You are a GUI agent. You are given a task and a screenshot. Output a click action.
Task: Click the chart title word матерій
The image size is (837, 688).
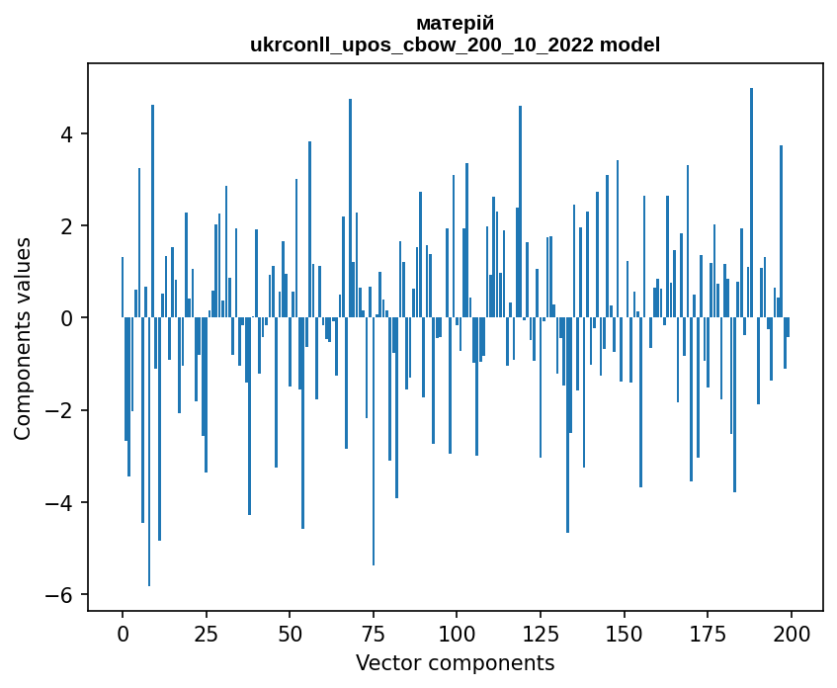[x=455, y=23]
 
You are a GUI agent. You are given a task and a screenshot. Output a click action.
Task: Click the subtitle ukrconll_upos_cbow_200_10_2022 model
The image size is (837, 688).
[x=455, y=44]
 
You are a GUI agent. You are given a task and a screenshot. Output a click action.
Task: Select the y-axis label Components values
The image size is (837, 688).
[x=23, y=338]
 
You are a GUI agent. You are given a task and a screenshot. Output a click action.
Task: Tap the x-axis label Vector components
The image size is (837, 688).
[x=455, y=662]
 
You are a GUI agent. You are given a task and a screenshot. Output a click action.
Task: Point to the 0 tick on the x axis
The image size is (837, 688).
[x=123, y=633]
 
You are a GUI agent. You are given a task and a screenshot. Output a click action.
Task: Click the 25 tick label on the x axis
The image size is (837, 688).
[x=206, y=633]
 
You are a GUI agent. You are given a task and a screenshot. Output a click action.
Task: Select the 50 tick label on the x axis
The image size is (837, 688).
[x=290, y=633]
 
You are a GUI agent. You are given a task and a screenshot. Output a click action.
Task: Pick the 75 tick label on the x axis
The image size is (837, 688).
[x=373, y=633]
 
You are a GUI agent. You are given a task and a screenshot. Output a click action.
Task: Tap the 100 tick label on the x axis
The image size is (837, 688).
[x=457, y=633]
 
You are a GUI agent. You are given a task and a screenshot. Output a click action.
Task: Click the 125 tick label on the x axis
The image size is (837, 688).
[x=540, y=633]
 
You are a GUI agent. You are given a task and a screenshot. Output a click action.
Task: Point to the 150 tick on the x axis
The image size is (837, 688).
[x=624, y=633]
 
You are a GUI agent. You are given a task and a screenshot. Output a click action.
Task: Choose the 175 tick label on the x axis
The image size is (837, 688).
[x=707, y=633]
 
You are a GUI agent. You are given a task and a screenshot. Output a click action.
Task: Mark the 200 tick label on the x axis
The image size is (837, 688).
[x=791, y=633]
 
